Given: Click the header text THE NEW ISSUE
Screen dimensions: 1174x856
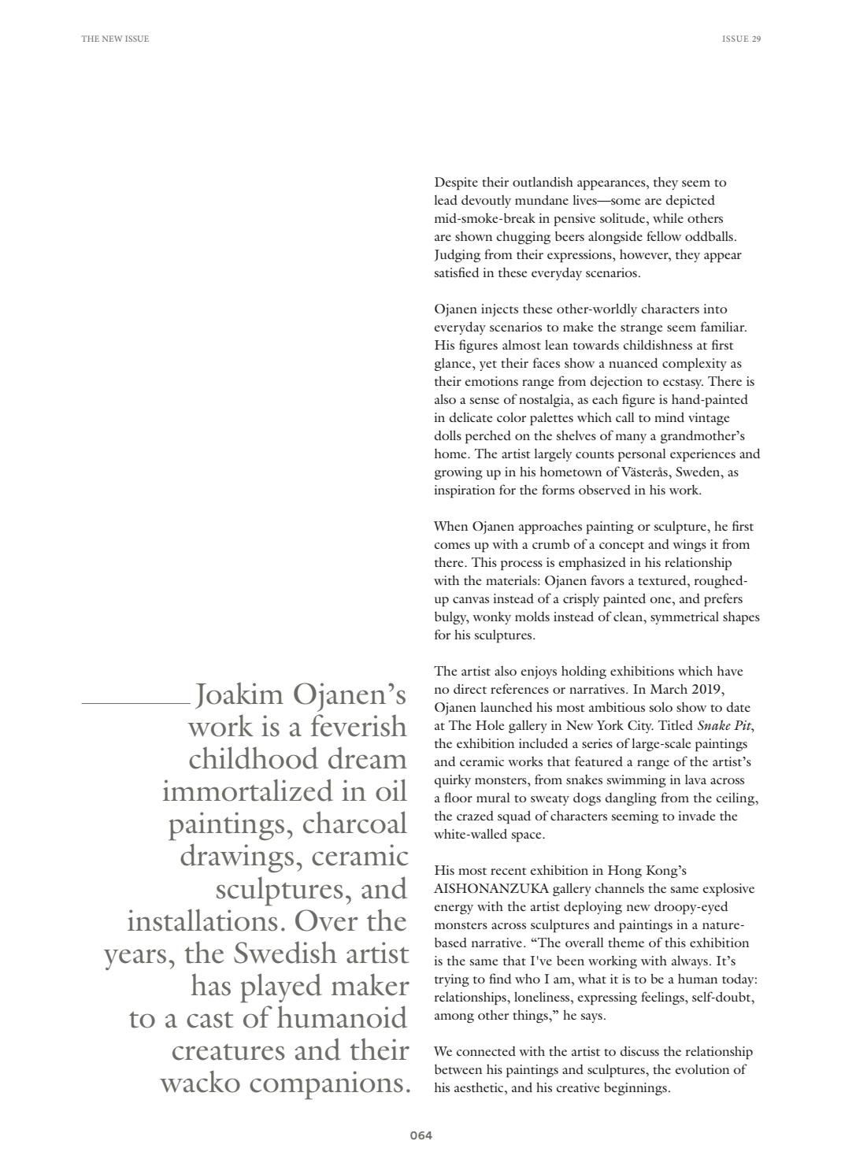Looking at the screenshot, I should coord(115,39).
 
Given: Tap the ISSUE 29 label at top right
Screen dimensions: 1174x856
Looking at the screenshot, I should coord(741,39).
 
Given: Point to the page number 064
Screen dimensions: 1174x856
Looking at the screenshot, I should coord(421,1135).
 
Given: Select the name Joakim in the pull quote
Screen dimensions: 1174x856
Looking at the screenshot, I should coord(239,694).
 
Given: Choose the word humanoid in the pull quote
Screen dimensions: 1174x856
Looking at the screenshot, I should coord(342,1018).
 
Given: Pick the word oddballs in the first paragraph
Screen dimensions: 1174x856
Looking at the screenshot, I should coord(711,236).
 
